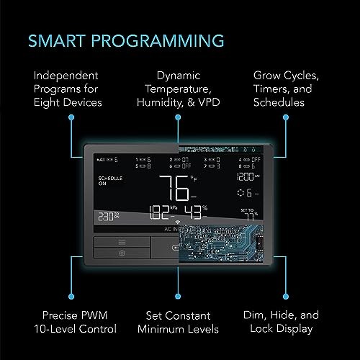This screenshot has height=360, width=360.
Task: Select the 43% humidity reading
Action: tap(195, 212)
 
